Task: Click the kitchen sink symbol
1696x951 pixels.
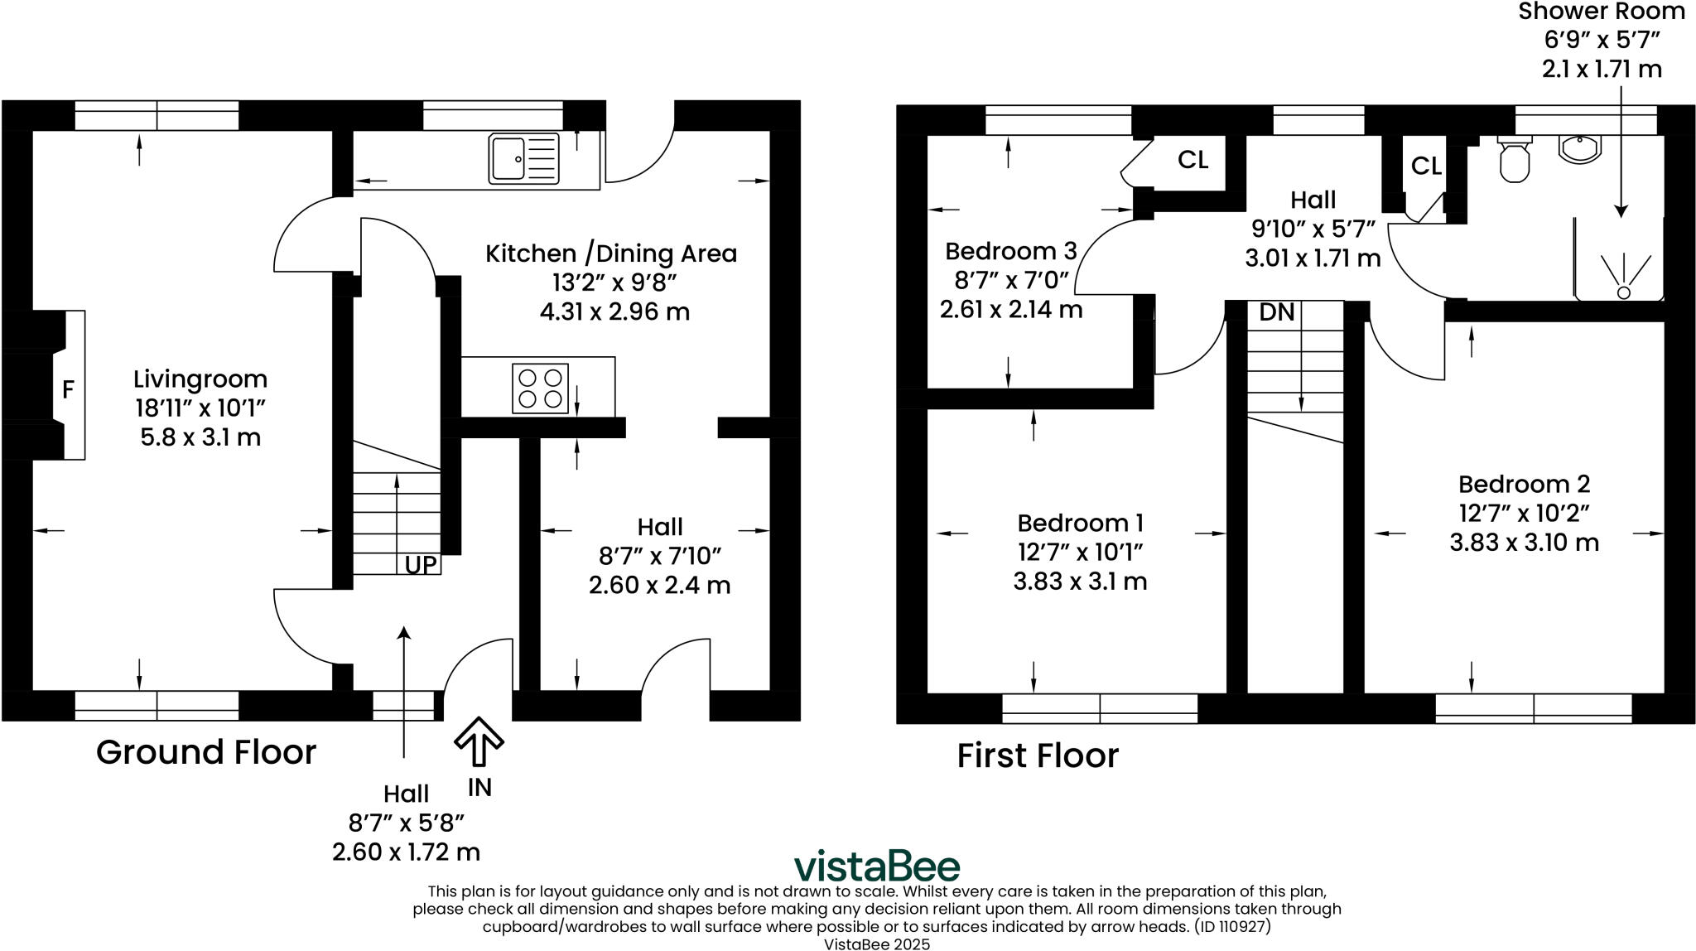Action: pyautogui.click(x=524, y=158)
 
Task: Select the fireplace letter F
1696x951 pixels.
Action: pyautogui.click(x=69, y=389)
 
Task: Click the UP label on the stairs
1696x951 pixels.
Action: pyautogui.click(x=421, y=565)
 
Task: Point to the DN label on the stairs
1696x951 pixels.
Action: pyautogui.click(x=1276, y=312)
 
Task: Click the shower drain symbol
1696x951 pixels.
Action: pyautogui.click(x=1623, y=292)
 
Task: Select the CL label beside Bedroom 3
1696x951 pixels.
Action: pyautogui.click(x=1192, y=160)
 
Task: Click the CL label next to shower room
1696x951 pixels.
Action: pyautogui.click(x=1426, y=167)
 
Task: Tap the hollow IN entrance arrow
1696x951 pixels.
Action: pyautogui.click(x=479, y=740)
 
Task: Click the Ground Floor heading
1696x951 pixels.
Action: pyautogui.click(x=206, y=752)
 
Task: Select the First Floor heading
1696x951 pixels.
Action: pyautogui.click(x=1038, y=755)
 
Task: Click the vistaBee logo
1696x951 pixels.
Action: pyautogui.click(x=877, y=867)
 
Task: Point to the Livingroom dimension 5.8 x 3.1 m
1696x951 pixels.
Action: pyautogui.click(x=200, y=437)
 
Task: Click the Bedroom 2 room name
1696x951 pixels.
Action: pyautogui.click(x=1524, y=485)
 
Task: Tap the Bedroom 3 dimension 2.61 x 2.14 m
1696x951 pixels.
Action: pyautogui.click(x=1010, y=310)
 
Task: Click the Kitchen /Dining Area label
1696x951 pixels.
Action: pyautogui.click(x=611, y=253)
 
